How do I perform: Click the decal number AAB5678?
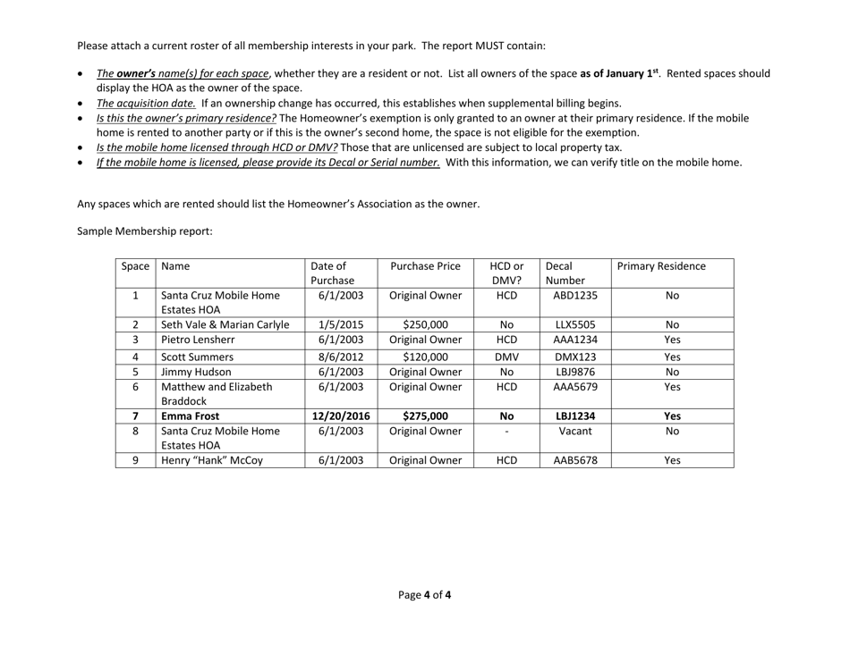569,460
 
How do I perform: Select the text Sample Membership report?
144,231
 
